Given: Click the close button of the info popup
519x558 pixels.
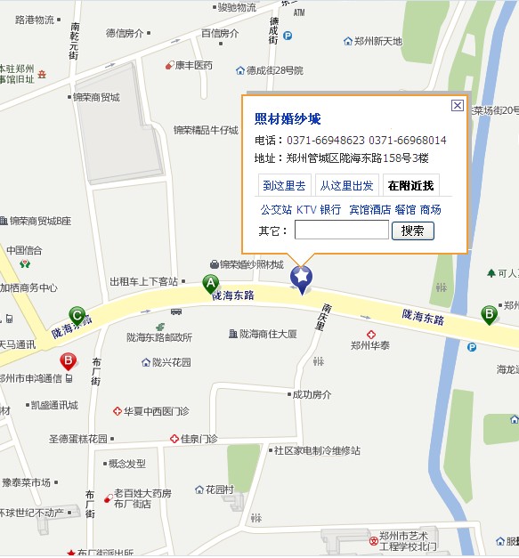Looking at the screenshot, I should click(457, 105).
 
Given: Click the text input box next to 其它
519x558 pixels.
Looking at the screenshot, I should click(341, 230).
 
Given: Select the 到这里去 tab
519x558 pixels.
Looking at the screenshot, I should click(284, 186).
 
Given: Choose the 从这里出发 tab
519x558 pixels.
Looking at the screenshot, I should click(346, 186).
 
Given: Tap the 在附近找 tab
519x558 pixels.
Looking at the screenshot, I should click(410, 186).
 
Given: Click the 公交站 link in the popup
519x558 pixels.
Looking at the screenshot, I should click(276, 210).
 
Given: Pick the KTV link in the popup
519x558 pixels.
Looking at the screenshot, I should click(306, 210).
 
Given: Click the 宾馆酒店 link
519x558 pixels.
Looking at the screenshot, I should click(369, 210).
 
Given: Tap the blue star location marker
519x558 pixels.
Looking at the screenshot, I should click(302, 279).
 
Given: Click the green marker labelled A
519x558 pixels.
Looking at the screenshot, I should click(211, 285).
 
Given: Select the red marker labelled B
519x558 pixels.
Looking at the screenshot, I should click(68, 361).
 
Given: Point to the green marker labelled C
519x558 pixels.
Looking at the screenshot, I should click(77, 315).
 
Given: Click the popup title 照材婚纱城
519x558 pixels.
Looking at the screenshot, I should click(288, 119).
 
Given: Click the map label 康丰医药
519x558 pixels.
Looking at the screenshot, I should click(193, 65).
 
